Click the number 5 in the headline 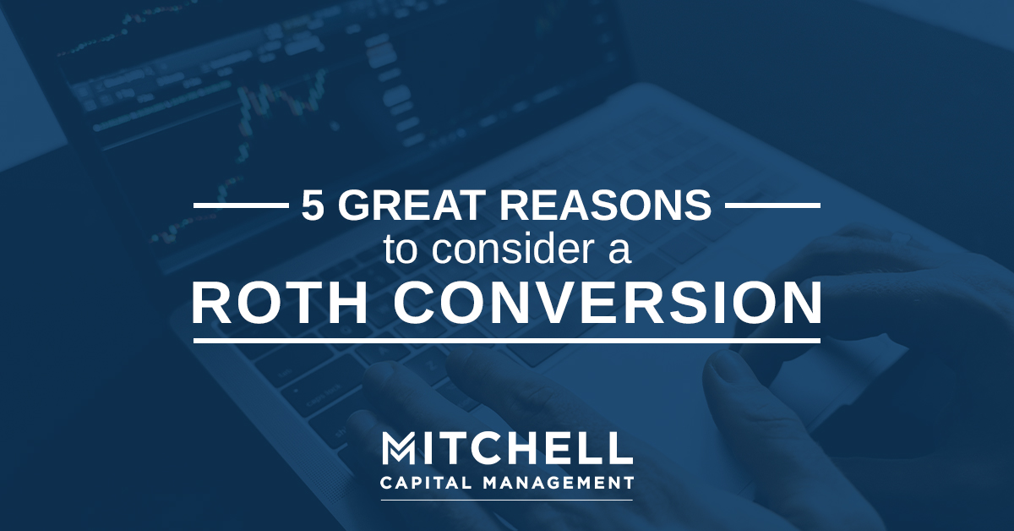[313, 205]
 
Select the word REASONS [605, 205]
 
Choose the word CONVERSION [608, 302]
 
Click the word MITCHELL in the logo [507, 448]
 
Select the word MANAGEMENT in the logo [559, 482]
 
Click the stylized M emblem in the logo [398, 448]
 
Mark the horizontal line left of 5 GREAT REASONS [242, 205]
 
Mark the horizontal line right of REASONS [772, 205]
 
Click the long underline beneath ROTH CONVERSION [507, 340]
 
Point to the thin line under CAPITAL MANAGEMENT [507, 500]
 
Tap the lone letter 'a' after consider [619, 253]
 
